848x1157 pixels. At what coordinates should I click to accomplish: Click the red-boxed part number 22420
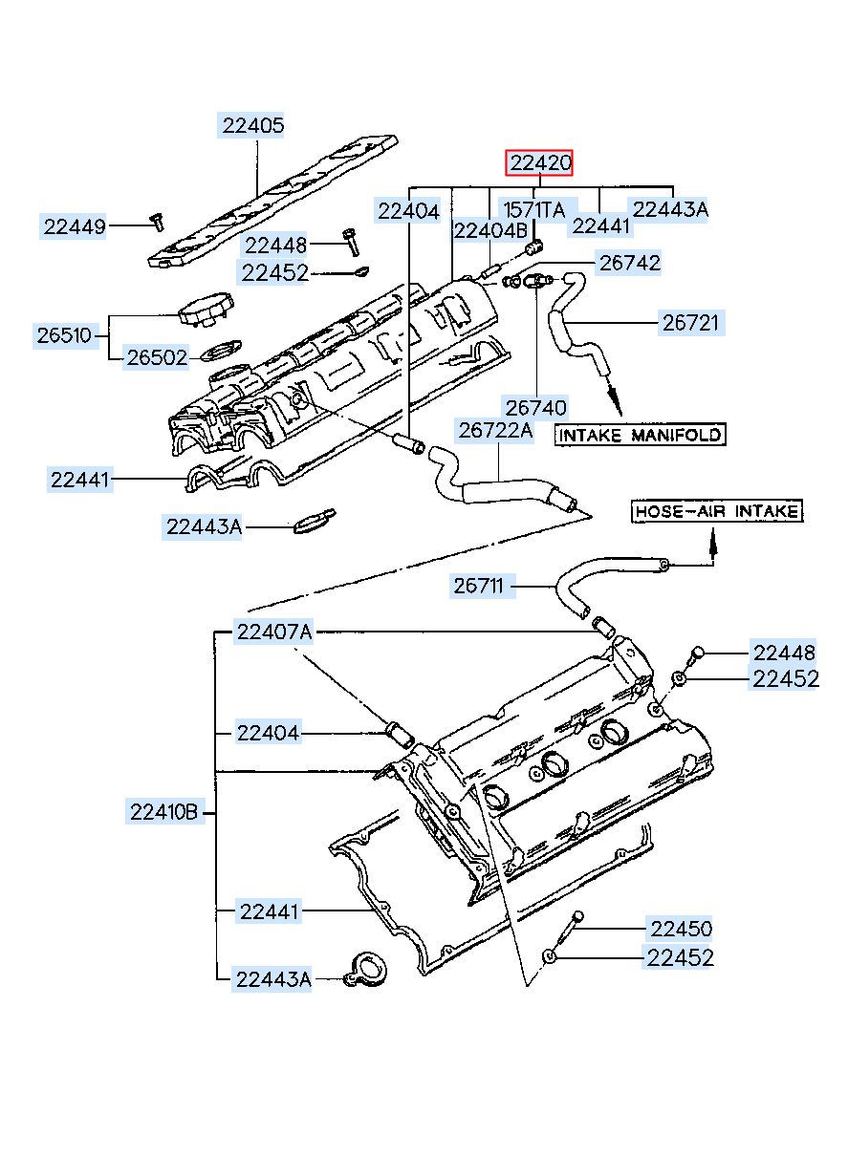tap(538, 163)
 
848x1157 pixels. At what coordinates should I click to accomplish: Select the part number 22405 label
tap(252, 125)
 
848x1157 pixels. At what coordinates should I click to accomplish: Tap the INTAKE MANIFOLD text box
tap(640, 435)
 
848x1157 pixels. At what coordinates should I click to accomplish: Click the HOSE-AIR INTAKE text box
tap(717, 511)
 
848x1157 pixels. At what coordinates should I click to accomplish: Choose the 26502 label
tap(157, 357)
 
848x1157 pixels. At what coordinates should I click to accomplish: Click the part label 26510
tap(66, 335)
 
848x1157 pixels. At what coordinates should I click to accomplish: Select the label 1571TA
tap(534, 209)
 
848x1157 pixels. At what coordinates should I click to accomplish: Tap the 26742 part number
tap(629, 264)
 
